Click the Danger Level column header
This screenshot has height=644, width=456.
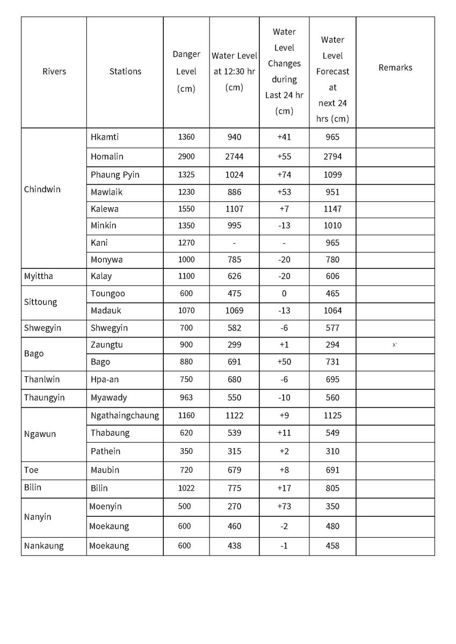[186, 71]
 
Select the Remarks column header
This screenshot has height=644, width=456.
[395, 68]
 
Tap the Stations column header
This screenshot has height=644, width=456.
[125, 71]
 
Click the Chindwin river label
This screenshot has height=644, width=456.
[42, 189]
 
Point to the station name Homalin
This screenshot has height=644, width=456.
[107, 157]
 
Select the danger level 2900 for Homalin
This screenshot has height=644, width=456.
[186, 157]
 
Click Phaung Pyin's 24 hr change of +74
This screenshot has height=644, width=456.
[284, 174]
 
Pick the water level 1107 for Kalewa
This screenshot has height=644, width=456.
[234, 209]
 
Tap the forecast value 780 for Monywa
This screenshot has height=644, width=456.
[332, 260]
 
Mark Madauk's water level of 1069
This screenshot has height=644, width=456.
[234, 311]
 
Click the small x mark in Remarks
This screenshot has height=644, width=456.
[395, 345]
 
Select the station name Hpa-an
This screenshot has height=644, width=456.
[105, 379]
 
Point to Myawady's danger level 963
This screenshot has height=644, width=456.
[186, 398]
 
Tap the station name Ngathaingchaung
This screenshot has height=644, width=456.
[125, 415]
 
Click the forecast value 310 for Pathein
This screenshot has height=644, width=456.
[332, 451]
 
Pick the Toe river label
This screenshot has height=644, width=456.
[31, 470]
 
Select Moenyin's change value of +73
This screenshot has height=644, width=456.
[284, 507]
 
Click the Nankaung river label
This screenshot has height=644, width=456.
[44, 546]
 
